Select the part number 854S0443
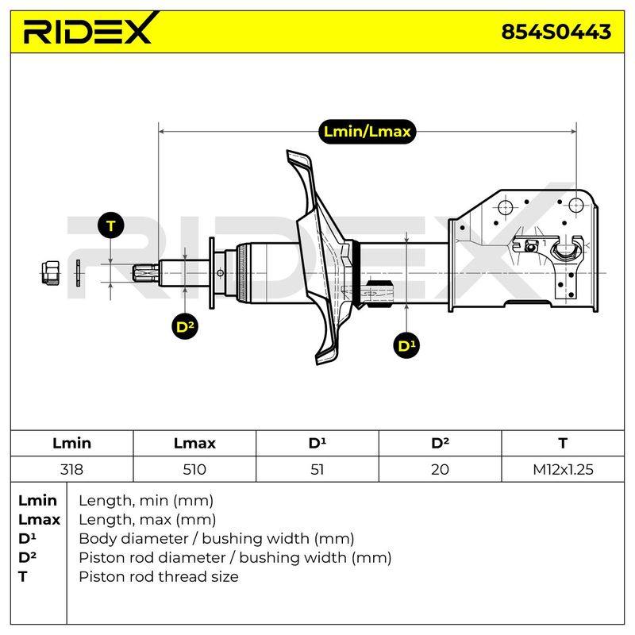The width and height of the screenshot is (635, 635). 556,32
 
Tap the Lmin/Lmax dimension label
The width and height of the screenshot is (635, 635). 367,131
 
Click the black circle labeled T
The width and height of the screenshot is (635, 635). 111,225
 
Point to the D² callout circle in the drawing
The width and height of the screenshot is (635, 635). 185,326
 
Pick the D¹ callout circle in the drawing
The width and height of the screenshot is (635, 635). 406,345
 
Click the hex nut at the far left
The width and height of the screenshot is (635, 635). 51,272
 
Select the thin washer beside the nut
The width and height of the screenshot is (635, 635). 78,273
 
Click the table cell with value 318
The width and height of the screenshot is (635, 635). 71,469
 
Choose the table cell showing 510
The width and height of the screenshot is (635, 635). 194,469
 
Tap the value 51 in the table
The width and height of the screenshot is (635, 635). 317,469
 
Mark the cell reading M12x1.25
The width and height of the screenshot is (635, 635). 563,469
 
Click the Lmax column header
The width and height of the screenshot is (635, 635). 194,443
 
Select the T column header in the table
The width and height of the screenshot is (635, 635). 563,443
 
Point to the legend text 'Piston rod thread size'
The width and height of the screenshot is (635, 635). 158,576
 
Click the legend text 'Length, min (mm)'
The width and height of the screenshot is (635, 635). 146,501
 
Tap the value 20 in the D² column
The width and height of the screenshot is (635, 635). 440,469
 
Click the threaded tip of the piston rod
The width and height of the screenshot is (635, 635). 146,272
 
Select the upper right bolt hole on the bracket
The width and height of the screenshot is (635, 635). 575,205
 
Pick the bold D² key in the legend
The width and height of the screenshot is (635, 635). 27,557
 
